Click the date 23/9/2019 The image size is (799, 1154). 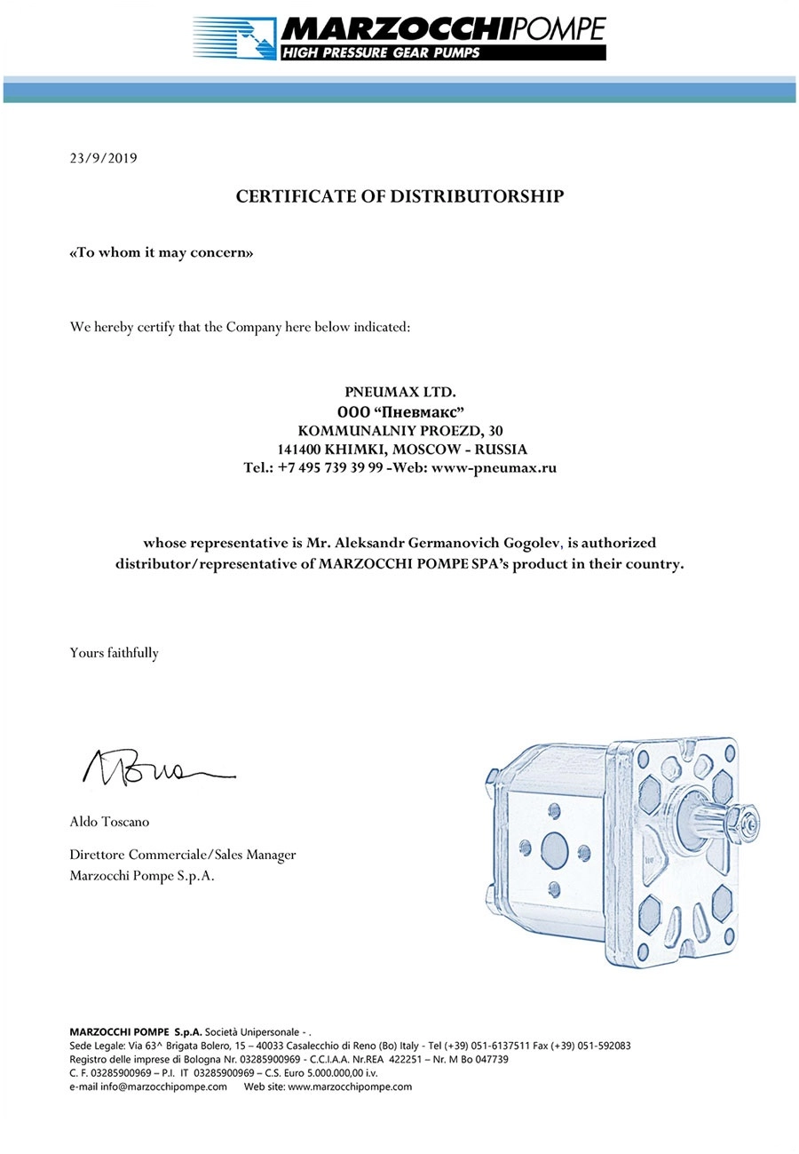[103, 159]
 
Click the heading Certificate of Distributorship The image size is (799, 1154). [399, 196]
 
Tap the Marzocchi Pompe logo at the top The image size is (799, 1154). [399, 38]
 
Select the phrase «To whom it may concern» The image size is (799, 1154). [162, 252]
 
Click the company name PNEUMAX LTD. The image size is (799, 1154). [400, 392]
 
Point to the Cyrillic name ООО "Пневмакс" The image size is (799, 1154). [400, 411]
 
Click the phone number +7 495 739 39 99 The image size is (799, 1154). [329, 468]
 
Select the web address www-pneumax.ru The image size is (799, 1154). [494, 468]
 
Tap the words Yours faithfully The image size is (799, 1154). [115, 653]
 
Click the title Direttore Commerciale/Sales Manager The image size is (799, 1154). [183, 855]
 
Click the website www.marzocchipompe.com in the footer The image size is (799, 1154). [350, 1086]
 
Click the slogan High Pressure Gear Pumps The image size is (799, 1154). [382, 52]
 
